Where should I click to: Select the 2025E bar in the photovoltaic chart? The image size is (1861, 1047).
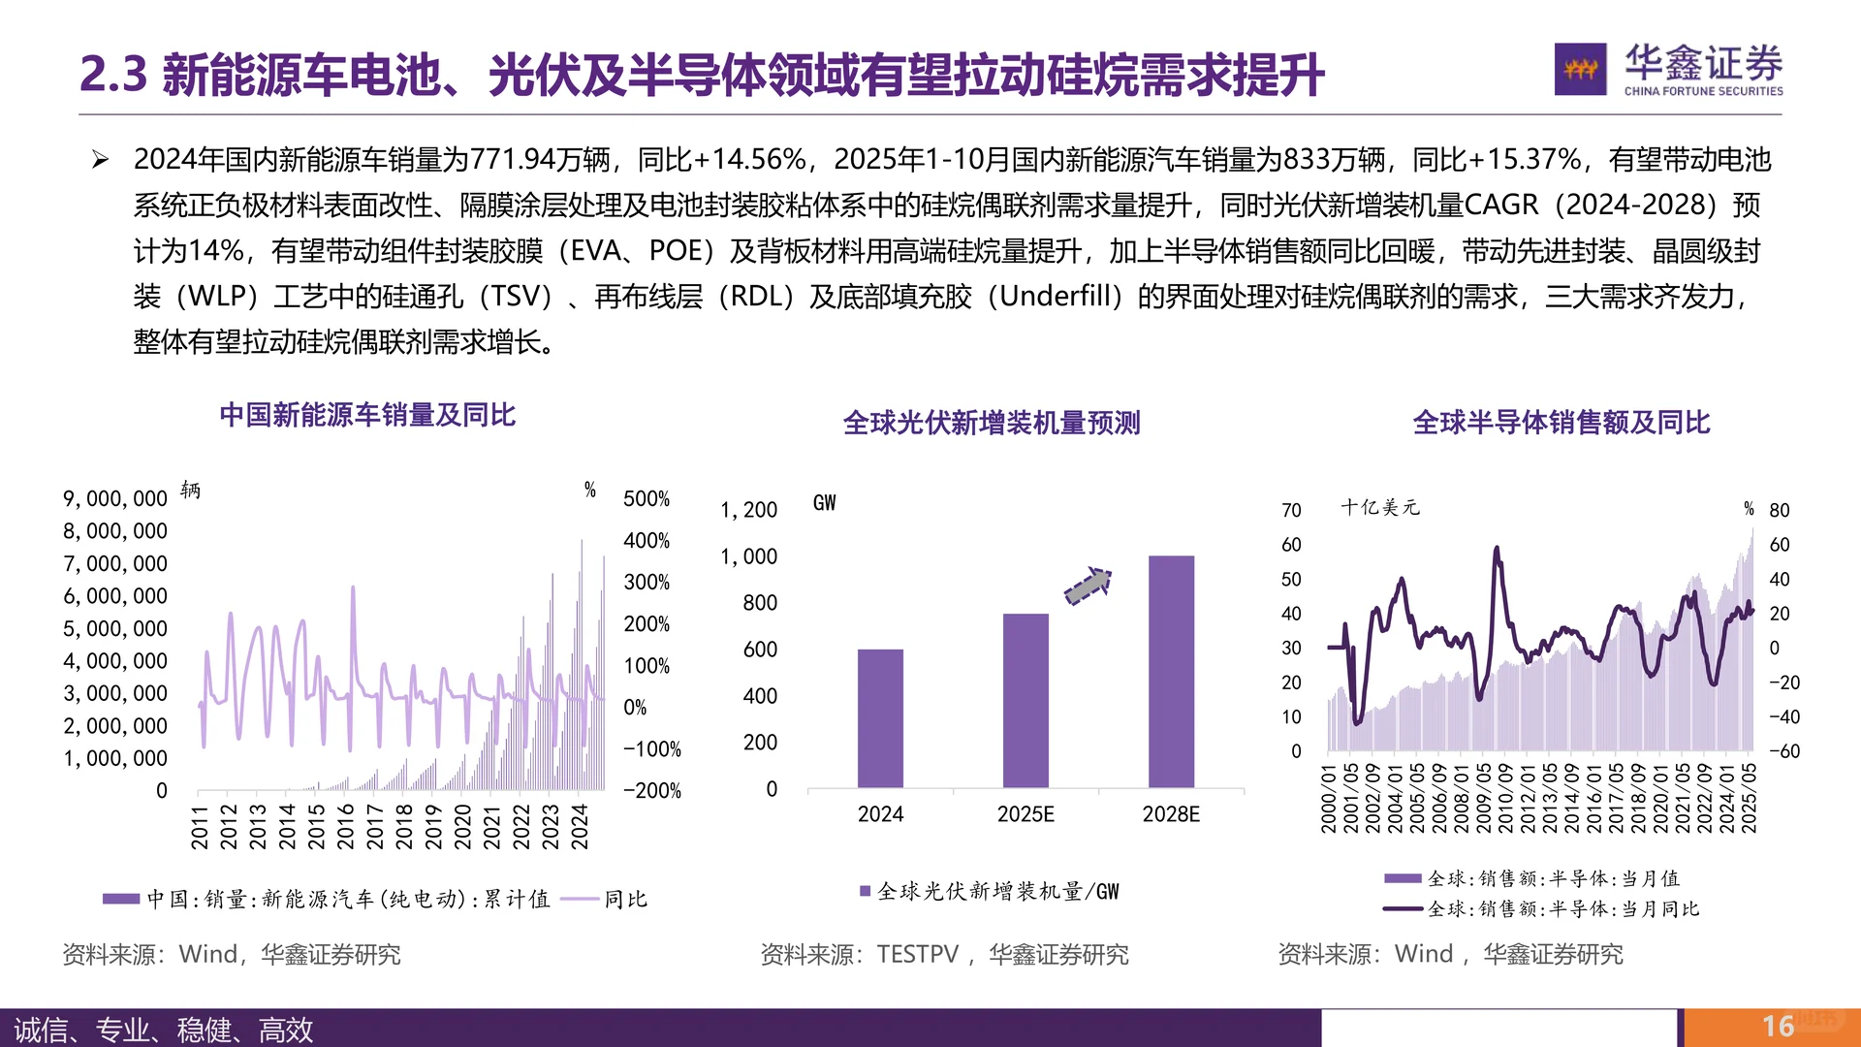tap(1025, 700)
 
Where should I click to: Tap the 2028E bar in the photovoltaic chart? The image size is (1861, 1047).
tap(1171, 671)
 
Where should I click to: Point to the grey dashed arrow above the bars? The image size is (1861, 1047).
tap(1088, 586)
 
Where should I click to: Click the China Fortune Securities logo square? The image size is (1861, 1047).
tap(1580, 69)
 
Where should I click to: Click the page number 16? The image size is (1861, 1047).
tap(1778, 1026)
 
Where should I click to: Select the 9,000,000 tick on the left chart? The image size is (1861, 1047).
tap(115, 498)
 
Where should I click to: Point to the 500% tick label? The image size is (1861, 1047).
tap(647, 498)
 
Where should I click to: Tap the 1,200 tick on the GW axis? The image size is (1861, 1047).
tap(748, 510)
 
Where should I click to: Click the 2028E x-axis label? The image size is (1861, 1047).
tap(1171, 814)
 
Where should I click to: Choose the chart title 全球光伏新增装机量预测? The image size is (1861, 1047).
tap(992, 423)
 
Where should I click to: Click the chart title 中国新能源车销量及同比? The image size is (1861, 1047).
tap(367, 415)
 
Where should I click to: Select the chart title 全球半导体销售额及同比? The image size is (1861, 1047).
tap(1561, 423)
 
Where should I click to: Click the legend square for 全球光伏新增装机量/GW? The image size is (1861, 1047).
tap(865, 891)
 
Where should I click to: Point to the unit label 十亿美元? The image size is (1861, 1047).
tap(1380, 507)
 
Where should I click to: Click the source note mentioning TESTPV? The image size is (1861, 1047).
tap(944, 955)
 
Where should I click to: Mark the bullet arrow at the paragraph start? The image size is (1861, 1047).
tap(100, 160)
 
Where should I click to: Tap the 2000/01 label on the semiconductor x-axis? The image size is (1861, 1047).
tap(1328, 799)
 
